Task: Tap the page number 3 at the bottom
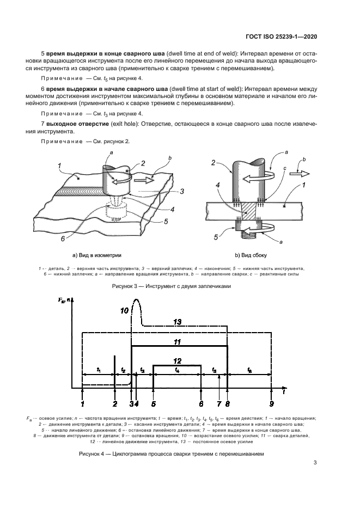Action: point(315,463)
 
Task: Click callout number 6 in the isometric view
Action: point(64,238)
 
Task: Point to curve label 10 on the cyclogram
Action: point(124,311)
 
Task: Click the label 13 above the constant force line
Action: point(177,322)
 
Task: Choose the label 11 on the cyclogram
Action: point(177,341)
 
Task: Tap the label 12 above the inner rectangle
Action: point(177,360)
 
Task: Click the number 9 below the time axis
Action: point(271,404)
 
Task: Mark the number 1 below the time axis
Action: point(82,404)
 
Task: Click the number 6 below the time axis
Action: point(201,404)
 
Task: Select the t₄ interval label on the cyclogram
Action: point(177,370)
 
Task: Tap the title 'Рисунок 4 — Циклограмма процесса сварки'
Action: point(172,453)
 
